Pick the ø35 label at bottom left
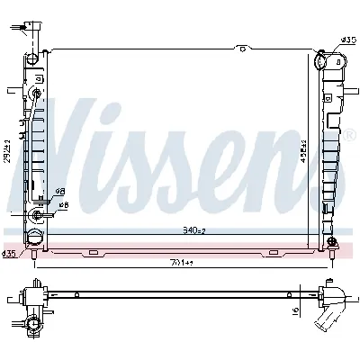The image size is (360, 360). pos(9,255)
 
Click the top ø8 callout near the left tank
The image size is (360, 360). pos(60,192)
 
